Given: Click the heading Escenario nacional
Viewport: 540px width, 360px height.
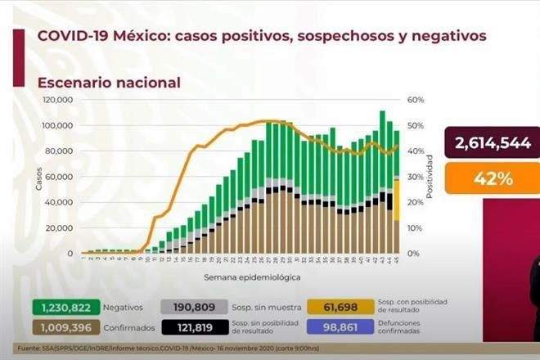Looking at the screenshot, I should [x=109, y=83].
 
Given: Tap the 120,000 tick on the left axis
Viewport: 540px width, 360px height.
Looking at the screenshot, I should [x=60, y=100].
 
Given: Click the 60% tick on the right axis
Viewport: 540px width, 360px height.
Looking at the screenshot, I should [x=415, y=100].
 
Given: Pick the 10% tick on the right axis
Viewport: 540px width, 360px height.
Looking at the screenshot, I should [x=415, y=227].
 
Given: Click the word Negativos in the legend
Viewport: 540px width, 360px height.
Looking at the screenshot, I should [x=123, y=308].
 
